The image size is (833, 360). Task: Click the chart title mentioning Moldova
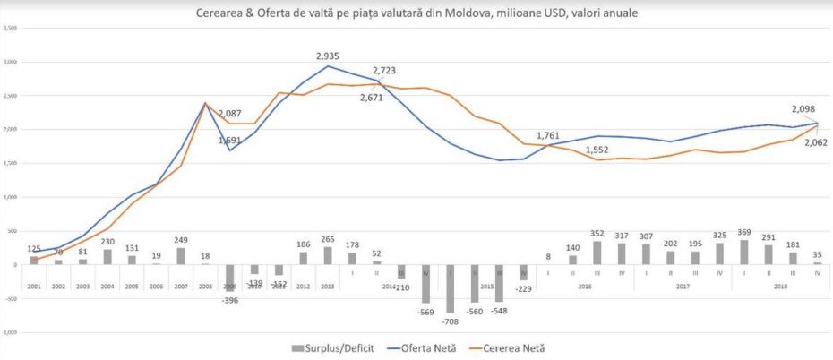tap(416, 13)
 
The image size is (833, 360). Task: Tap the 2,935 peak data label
tap(329, 56)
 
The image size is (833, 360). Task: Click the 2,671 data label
tap(367, 98)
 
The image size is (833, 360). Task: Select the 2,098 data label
tap(802, 108)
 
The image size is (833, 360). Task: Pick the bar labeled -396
tap(229, 278)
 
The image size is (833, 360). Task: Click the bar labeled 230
tap(107, 257)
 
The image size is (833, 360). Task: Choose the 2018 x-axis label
tap(779, 287)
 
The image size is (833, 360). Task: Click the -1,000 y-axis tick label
tap(11, 332)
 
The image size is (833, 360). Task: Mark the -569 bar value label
tap(426, 313)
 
